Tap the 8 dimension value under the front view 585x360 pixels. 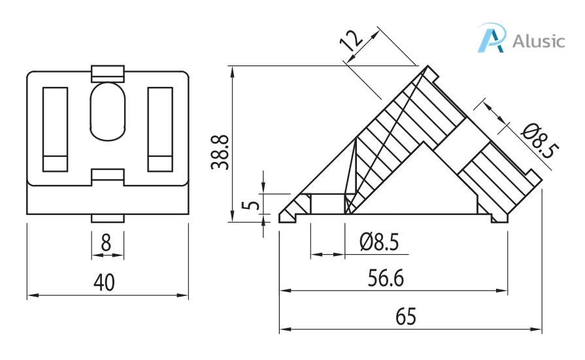pos(106,243)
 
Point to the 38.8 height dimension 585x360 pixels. pos(220,152)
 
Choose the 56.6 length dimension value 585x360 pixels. pos(386,279)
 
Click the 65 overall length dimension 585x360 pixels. pos(405,318)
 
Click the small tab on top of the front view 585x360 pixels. pos(108,72)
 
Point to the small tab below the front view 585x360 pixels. pos(107,218)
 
